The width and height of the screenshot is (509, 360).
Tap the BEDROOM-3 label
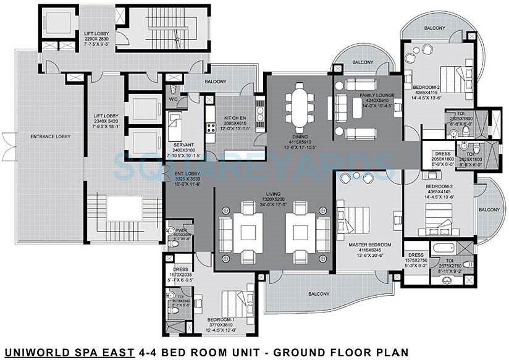pos(440,186)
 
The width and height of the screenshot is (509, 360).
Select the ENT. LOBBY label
pos(186,175)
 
